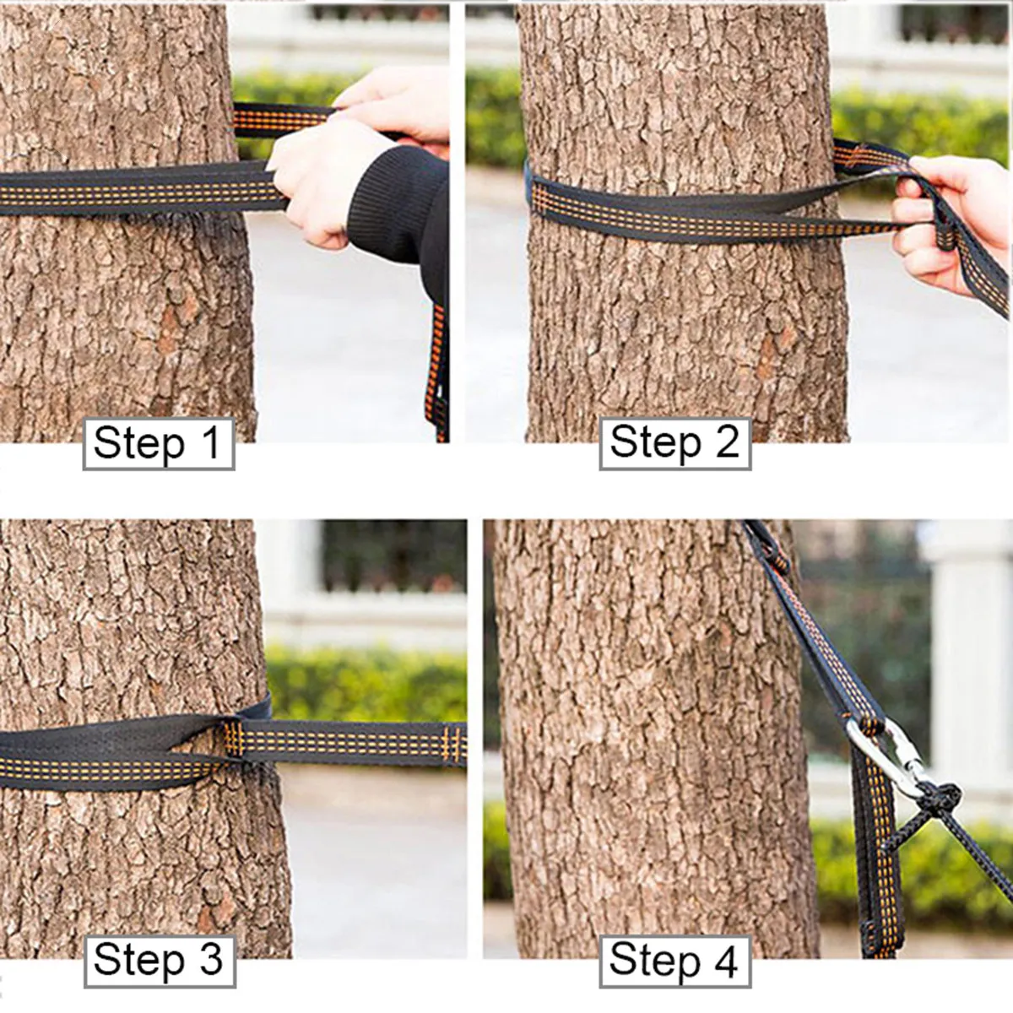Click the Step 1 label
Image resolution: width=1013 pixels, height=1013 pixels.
[x=158, y=443]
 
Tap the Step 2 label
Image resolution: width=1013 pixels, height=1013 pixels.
[x=674, y=443]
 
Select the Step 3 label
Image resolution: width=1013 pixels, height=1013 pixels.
[x=158, y=960]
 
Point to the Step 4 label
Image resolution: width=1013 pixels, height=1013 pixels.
[x=674, y=960]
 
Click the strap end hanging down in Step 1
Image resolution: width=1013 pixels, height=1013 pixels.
[x=437, y=371]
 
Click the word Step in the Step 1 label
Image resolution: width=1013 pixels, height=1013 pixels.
[x=138, y=443]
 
